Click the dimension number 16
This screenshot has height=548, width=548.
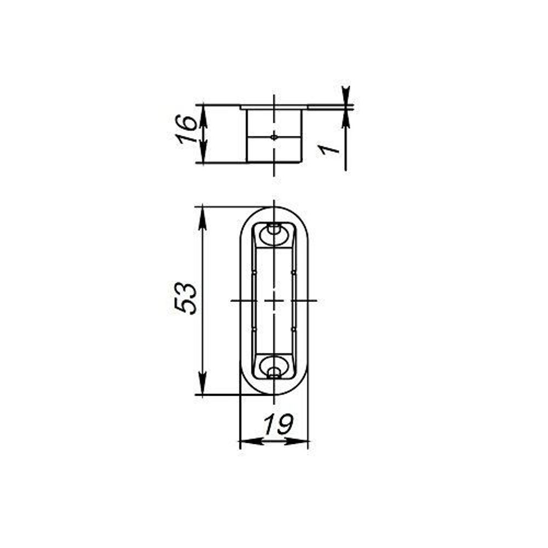coord(186,129)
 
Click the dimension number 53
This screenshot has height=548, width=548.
coord(186,298)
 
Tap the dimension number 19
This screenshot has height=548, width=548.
coord(278,424)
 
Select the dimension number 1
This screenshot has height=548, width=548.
coord(328,150)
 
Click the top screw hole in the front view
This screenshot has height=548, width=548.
coord(274,230)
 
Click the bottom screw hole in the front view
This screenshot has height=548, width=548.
coord(274,372)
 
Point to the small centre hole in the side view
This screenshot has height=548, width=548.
coord(274,138)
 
